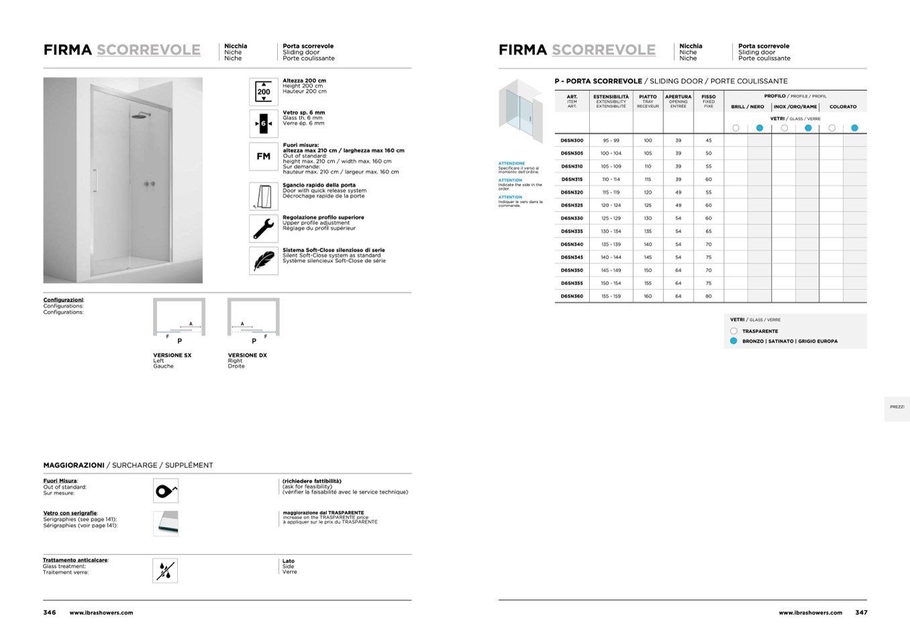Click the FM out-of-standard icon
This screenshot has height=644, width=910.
point(264,156)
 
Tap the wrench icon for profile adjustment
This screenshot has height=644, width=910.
point(264,228)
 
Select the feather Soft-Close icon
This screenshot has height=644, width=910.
point(264,261)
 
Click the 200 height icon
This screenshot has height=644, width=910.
point(264,91)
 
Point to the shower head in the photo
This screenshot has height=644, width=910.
point(141,116)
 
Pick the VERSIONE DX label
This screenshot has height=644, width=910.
point(247,355)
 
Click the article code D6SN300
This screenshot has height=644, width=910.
point(572,140)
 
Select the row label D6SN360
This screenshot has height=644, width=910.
point(572,296)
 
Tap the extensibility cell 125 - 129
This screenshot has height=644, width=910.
point(611,218)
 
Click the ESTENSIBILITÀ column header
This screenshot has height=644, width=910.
point(611,97)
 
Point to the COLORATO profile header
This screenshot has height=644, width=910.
point(843,107)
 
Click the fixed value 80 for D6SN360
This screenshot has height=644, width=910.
point(709,296)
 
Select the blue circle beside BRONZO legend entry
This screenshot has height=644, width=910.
point(734,341)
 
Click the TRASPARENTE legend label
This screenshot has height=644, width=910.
point(760,331)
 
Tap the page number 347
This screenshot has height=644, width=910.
point(861,612)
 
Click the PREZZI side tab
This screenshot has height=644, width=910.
point(897,407)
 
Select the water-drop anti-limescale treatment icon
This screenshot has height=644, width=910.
point(165,571)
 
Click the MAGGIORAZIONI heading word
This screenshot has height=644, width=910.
point(74,465)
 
